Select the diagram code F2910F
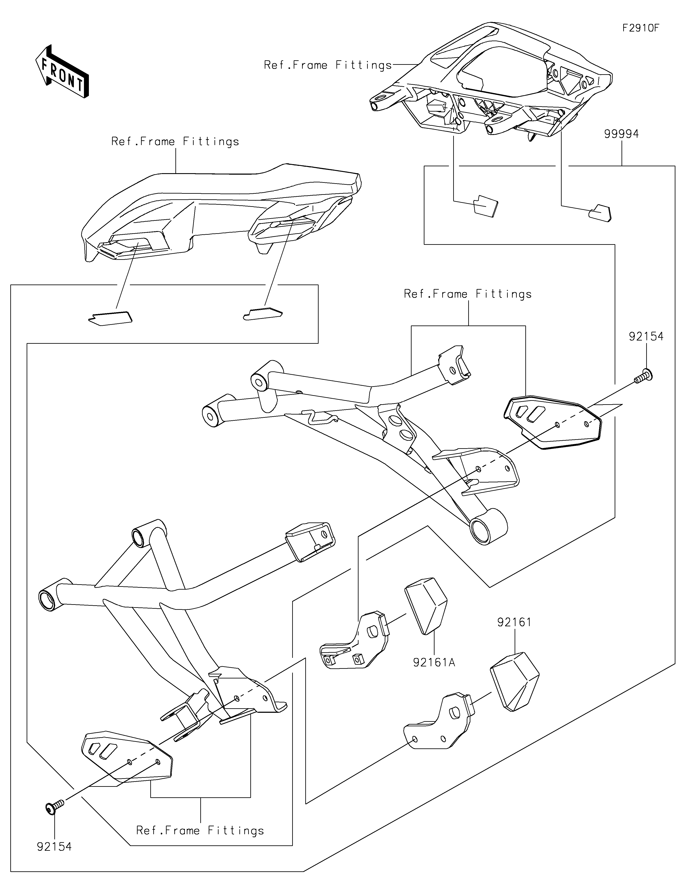tap(641, 28)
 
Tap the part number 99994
tap(621, 134)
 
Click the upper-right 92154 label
tap(646, 336)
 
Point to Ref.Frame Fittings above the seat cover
tap(175, 141)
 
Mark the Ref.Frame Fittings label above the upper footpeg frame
tap(468, 294)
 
